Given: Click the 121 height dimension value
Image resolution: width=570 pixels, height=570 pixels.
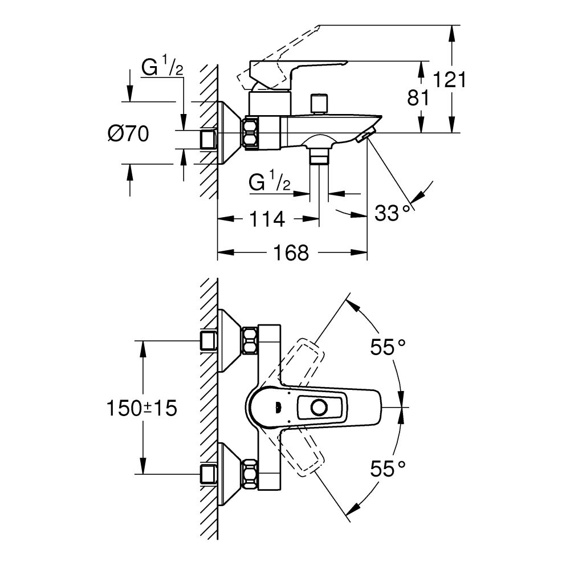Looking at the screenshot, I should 449,80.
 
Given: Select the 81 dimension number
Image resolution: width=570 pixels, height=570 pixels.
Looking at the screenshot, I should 417,98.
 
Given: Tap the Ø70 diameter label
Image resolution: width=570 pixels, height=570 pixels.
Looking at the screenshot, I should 128,134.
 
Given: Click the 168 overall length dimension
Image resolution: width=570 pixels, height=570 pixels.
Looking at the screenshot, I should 291,252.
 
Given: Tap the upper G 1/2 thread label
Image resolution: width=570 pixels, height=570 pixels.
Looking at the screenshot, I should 162,68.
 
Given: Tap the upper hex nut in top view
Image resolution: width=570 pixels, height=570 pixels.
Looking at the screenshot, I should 250,340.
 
